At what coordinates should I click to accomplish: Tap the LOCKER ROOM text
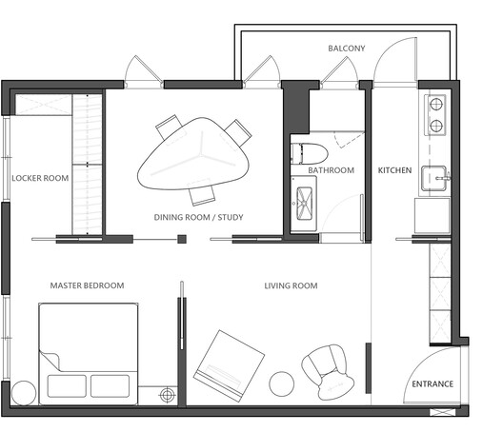pyautogui.click(x=39, y=178)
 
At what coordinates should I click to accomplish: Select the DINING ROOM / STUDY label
pyautogui.click(x=198, y=217)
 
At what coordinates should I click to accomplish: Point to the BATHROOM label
pyautogui.click(x=331, y=170)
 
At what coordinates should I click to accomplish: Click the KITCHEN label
pyautogui.click(x=394, y=170)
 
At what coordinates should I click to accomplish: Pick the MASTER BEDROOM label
pyautogui.click(x=87, y=285)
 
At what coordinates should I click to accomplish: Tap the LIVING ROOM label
pyautogui.click(x=291, y=285)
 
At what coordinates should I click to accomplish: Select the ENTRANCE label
pyautogui.click(x=432, y=384)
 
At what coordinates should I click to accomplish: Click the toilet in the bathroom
pyautogui.click(x=309, y=152)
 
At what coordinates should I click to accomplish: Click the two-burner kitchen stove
pyautogui.click(x=434, y=113)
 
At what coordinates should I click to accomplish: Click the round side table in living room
pyautogui.click(x=283, y=383)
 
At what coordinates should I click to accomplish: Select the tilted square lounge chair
pyautogui.click(x=230, y=362)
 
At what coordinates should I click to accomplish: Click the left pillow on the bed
pyautogui.click(x=65, y=385)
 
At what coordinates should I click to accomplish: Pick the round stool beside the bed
pyautogui.click(x=25, y=392)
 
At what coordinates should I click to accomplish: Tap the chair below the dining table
pyautogui.click(x=202, y=194)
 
